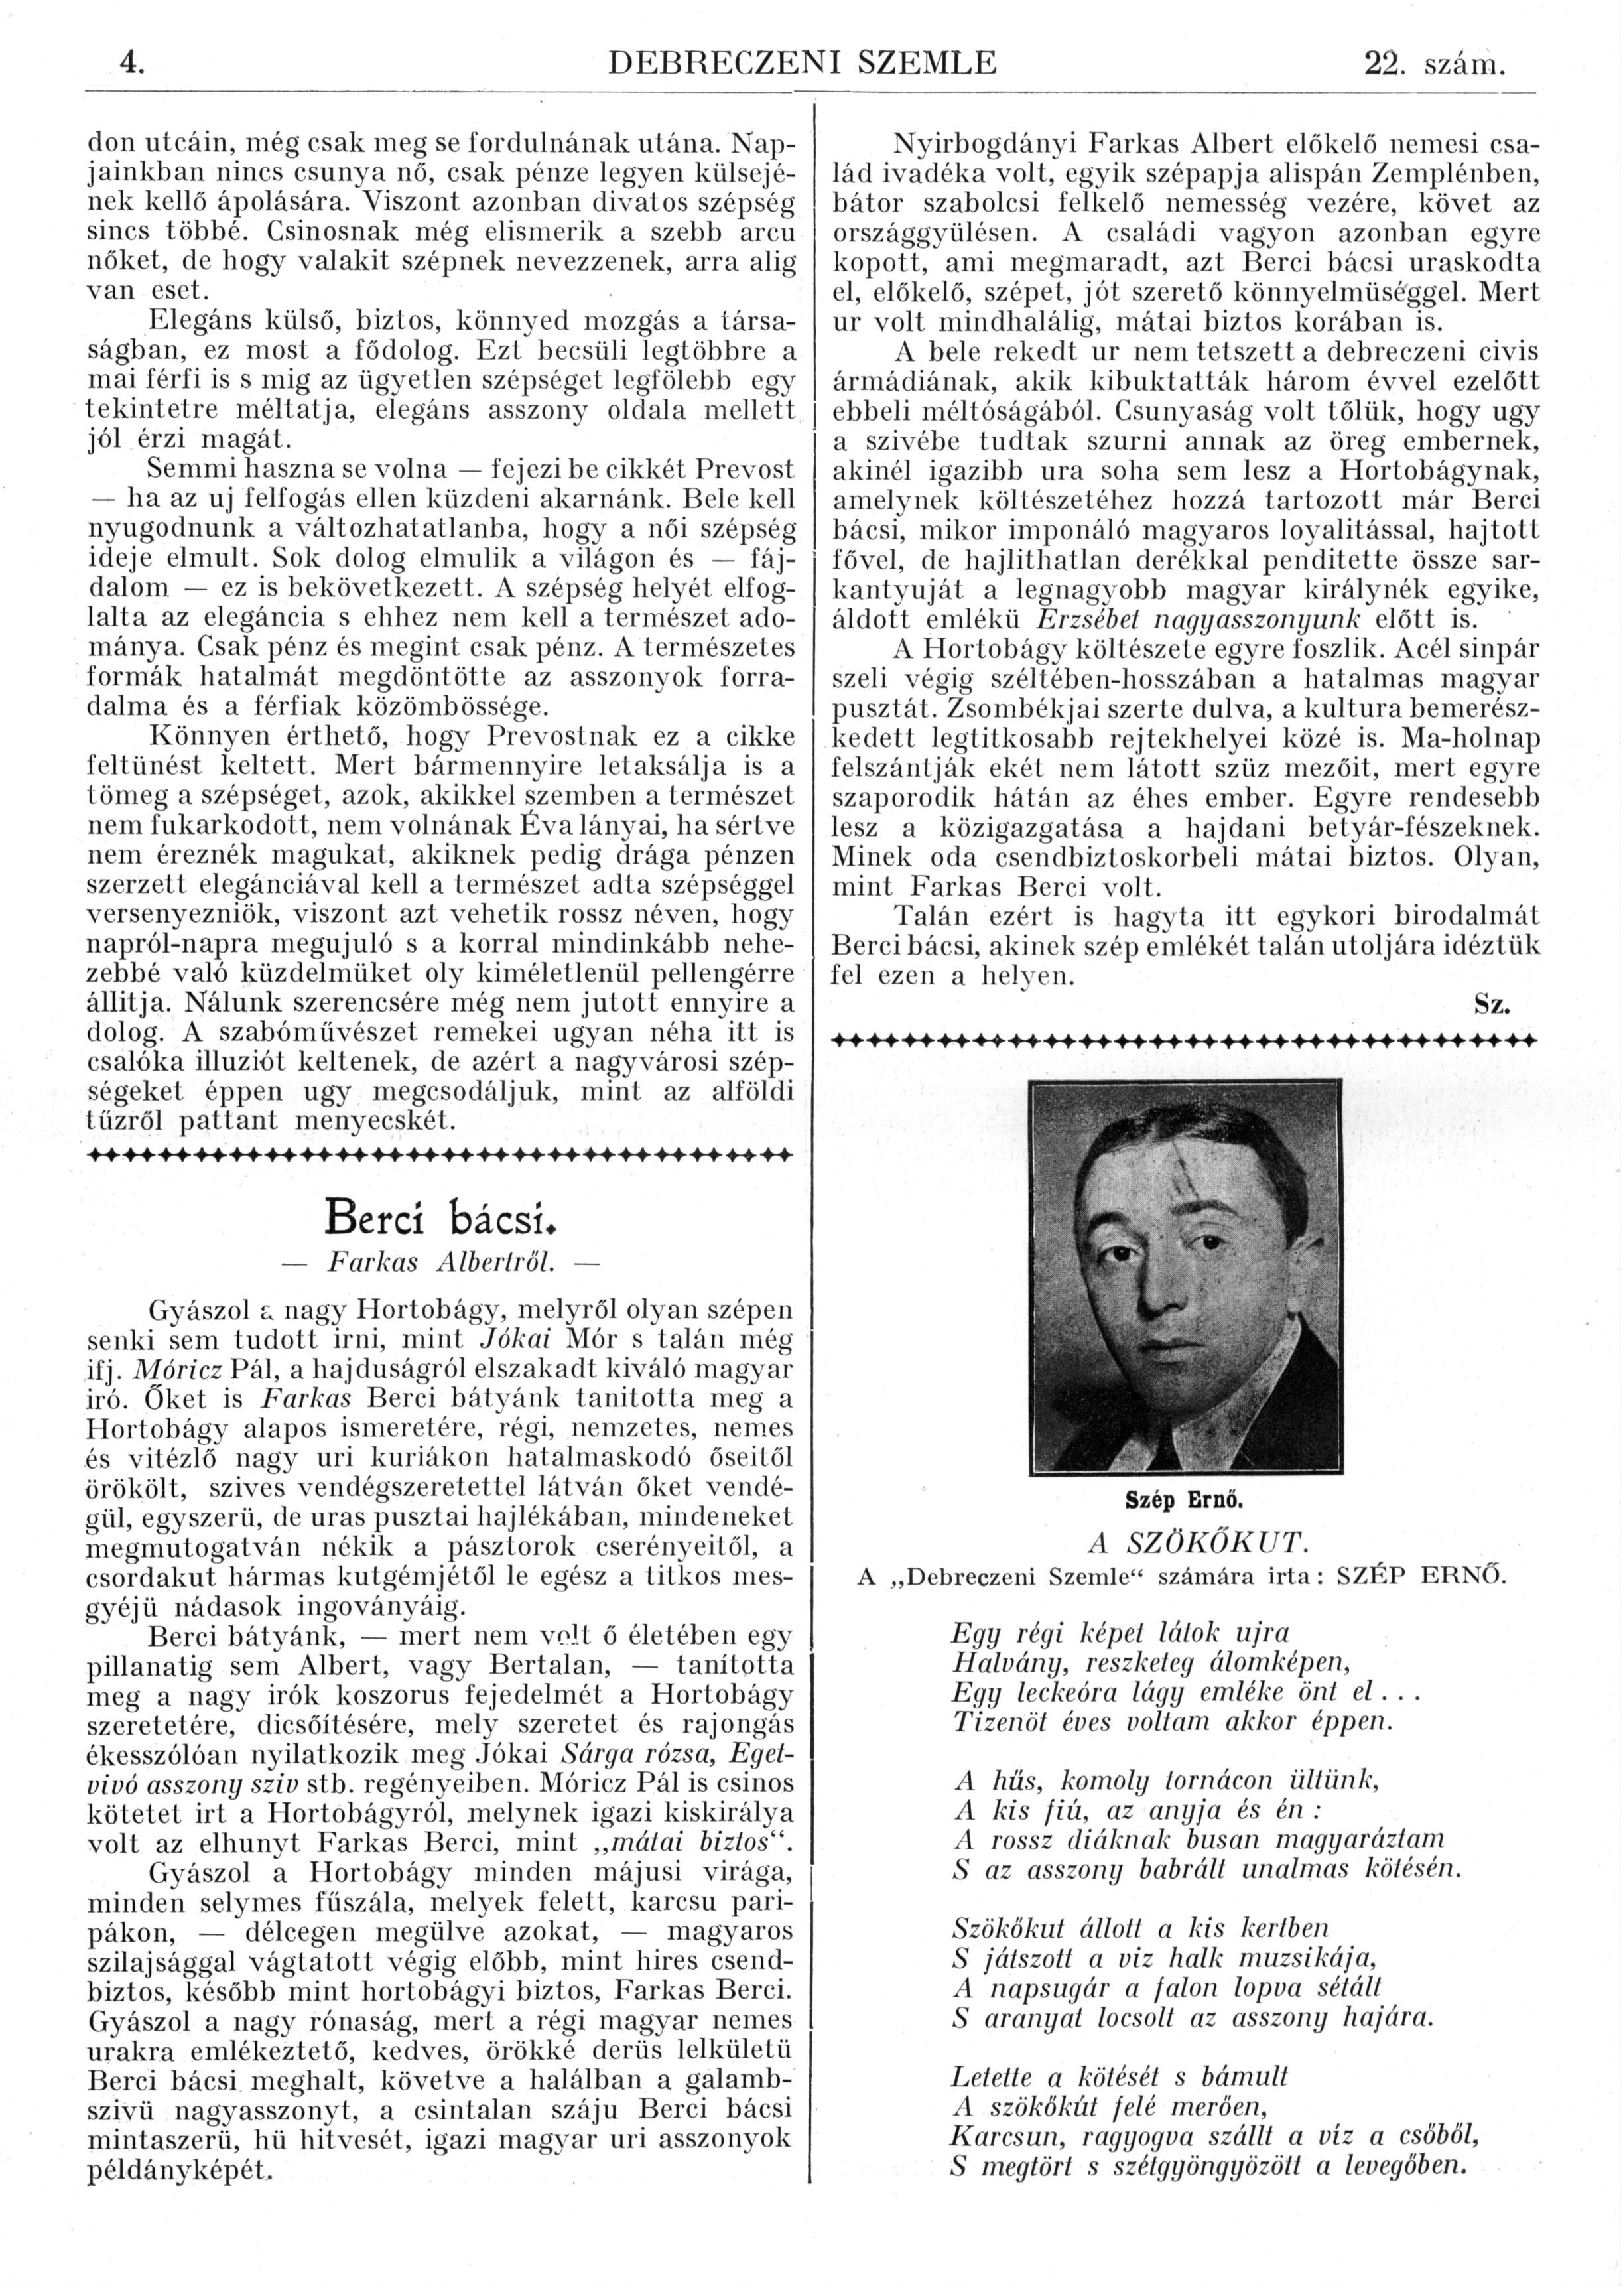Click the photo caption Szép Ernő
pos(1184,1499)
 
